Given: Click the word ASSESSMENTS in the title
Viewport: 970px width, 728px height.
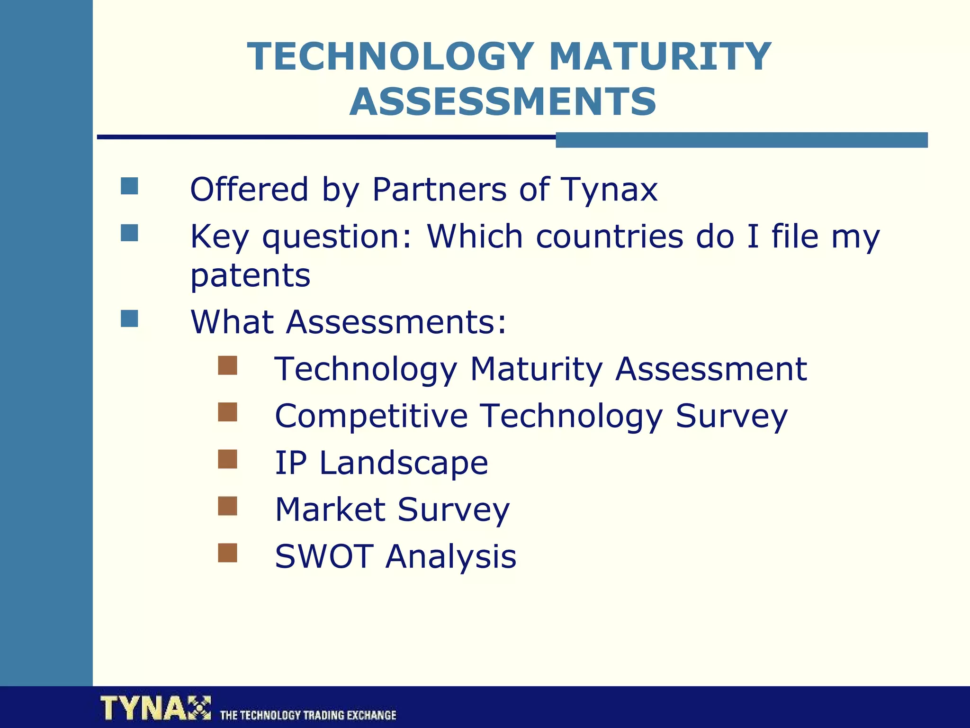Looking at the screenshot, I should pos(503,101).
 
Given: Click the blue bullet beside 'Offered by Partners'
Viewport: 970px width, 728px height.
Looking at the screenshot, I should pos(129,186).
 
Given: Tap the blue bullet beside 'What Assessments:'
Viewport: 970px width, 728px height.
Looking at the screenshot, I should pos(129,318).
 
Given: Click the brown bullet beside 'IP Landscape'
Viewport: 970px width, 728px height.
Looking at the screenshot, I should pos(227,459).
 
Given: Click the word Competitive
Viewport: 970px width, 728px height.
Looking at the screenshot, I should pos(371,416).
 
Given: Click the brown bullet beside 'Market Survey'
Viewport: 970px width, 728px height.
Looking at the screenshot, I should pos(227,506).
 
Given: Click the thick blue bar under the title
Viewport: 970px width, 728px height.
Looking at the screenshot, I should pos(741,140).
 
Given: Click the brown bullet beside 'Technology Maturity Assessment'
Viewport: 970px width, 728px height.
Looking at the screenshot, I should pos(227,365).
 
